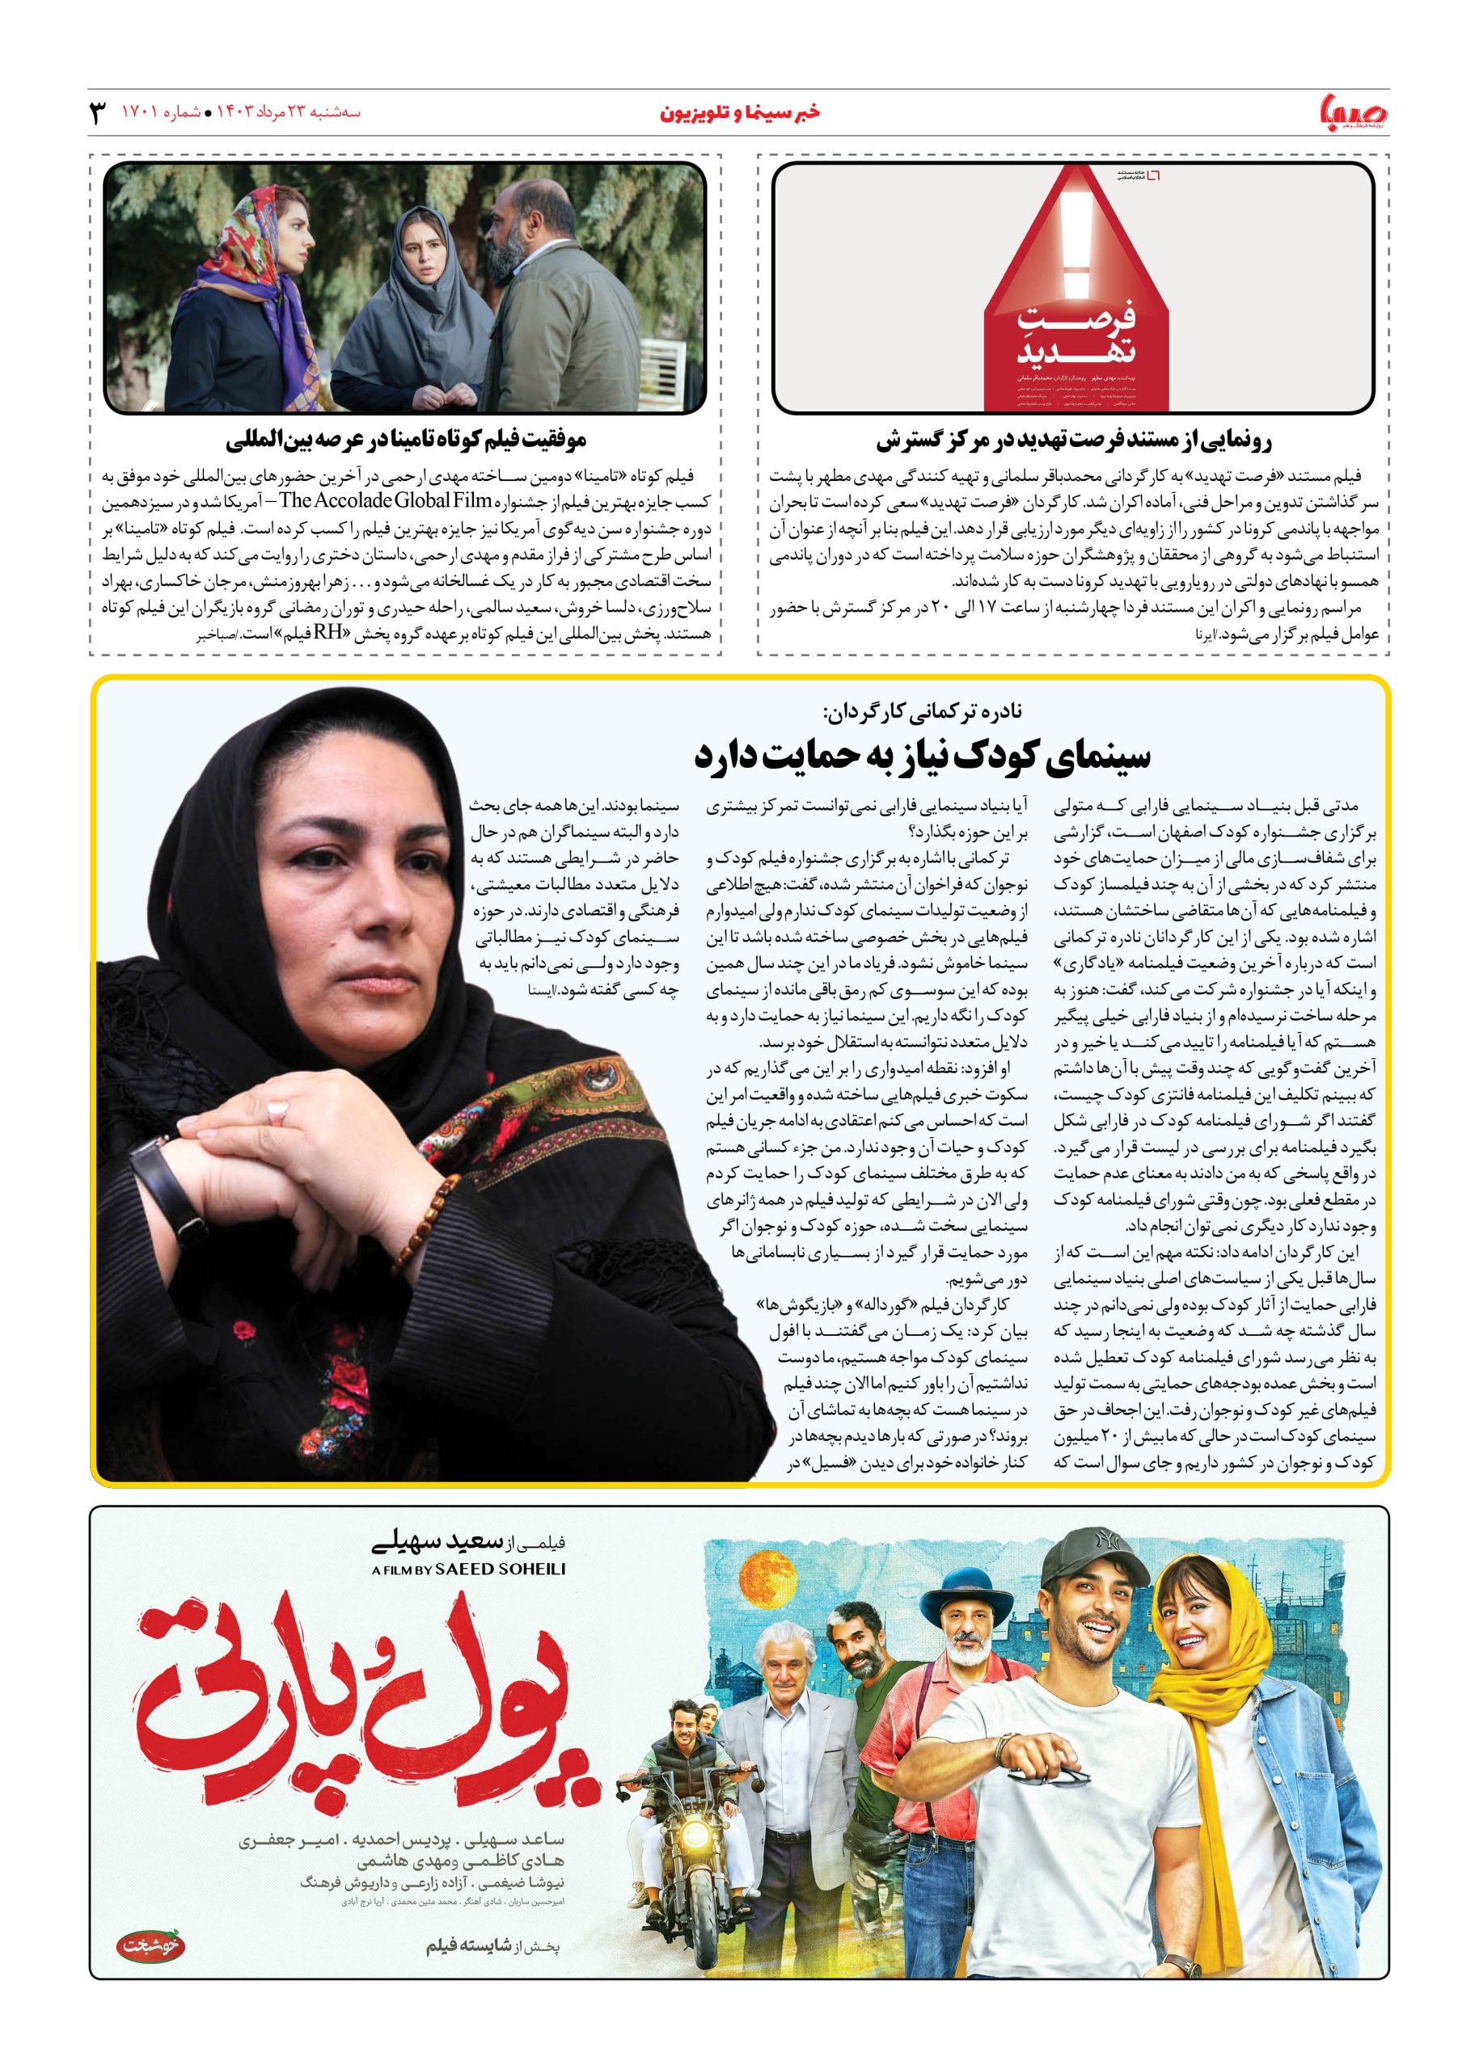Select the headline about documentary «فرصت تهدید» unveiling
click(1074, 441)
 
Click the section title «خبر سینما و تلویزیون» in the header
click(739, 113)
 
